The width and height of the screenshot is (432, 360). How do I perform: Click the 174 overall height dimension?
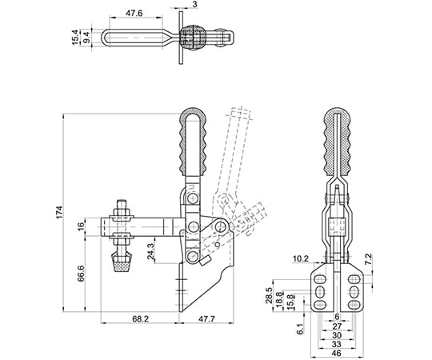pos(60,212)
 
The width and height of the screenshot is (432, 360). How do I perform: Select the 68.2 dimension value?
pos(140,318)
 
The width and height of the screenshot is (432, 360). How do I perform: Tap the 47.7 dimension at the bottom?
pos(206,318)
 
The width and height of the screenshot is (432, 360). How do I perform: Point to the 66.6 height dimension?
pos(81,274)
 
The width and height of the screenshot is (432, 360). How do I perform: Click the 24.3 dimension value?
pos(150,251)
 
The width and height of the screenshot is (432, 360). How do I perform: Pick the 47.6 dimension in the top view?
pos(134,14)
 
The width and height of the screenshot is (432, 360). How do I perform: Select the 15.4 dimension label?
pos(75,38)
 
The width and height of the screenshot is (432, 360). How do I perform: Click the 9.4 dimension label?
pos(86,38)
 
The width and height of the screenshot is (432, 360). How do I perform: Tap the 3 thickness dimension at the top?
pos(194,5)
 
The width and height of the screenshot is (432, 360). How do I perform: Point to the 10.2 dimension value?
pos(301,258)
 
